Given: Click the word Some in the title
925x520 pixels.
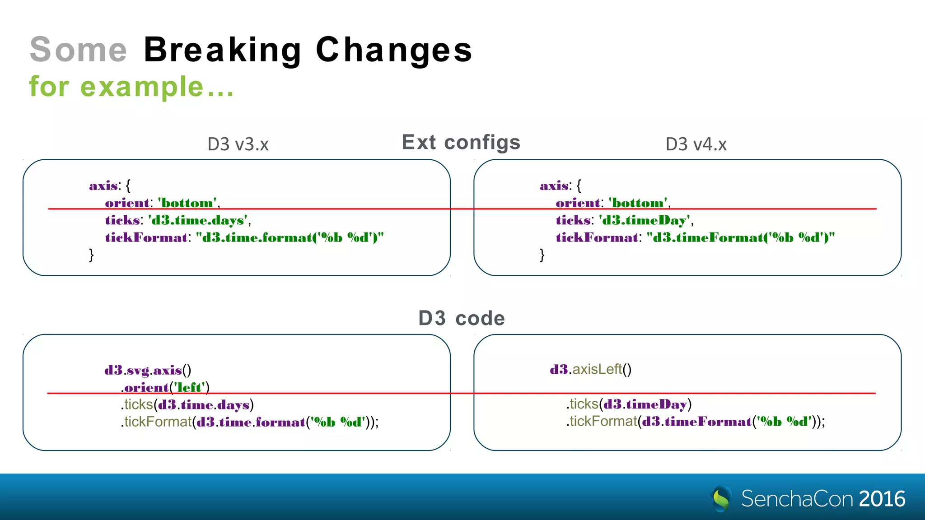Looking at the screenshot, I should click(x=79, y=50).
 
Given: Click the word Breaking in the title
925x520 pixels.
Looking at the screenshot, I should click(x=223, y=50).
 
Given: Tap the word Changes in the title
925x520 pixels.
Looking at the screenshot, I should click(x=394, y=50).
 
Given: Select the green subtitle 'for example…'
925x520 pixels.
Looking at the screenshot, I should click(x=131, y=87).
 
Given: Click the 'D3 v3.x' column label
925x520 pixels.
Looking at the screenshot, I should click(x=238, y=144).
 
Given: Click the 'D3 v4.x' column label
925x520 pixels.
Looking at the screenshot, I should click(x=696, y=144).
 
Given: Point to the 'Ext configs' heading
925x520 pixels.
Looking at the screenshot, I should click(x=461, y=142).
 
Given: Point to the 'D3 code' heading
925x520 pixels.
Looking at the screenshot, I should click(x=461, y=318).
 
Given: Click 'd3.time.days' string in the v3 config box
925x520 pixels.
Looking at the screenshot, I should click(x=199, y=220).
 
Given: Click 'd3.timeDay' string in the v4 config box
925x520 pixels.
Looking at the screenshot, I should click(x=645, y=220).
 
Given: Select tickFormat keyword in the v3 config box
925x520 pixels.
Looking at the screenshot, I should click(x=146, y=237).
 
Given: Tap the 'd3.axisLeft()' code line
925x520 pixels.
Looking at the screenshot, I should click(x=590, y=369).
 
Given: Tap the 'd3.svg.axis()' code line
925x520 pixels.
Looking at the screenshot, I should click(x=148, y=370).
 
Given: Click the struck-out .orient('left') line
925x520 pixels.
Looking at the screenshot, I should click(x=165, y=387).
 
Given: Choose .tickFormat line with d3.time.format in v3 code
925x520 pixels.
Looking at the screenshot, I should click(x=249, y=422).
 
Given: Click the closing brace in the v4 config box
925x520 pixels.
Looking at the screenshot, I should click(x=542, y=255).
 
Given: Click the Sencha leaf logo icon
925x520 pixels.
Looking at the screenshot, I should click(x=721, y=499).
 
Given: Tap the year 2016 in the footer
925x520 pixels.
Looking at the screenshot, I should click(x=882, y=499).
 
